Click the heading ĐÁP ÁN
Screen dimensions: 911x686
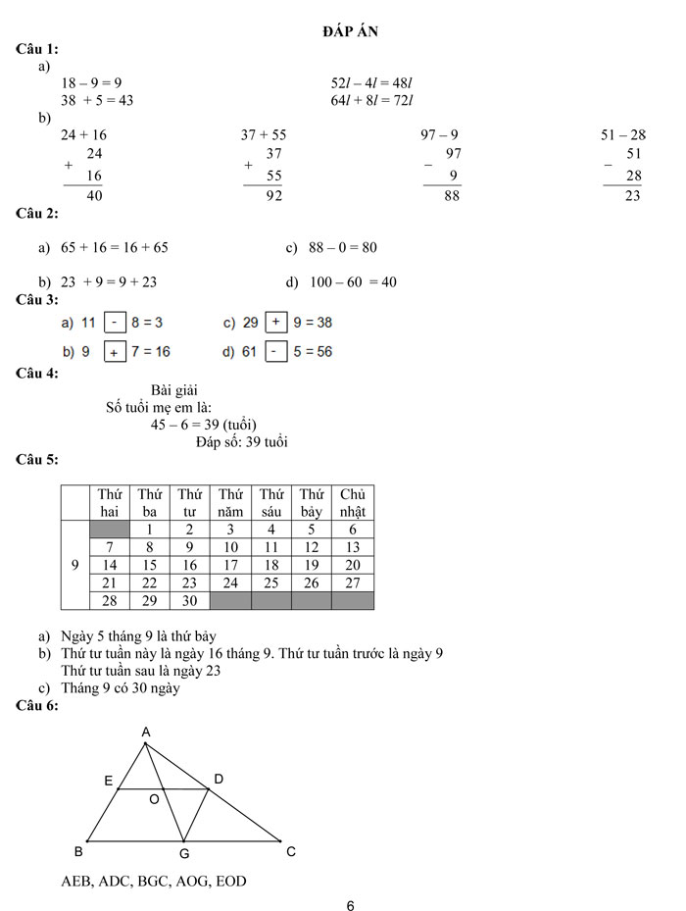tap(351, 31)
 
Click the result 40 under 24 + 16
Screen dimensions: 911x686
tap(94, 195)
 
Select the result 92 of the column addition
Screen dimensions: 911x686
tap(273, 195)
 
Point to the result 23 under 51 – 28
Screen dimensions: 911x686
tap(632, 195)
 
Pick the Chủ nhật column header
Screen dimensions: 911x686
tap(353, 502)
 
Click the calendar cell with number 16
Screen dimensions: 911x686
tap(190, 565)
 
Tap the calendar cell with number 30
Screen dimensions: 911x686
tap(190, 600)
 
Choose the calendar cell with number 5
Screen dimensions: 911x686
tap(312, 530)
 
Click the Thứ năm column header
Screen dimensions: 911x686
tap(230, 502)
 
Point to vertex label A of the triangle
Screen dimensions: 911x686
tap(145, 733)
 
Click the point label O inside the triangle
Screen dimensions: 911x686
tap(154, 800)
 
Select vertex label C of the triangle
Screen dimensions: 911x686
tap(290, 851)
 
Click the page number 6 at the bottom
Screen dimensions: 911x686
tap(350, 905)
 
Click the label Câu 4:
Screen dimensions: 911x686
tap(37, 373)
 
